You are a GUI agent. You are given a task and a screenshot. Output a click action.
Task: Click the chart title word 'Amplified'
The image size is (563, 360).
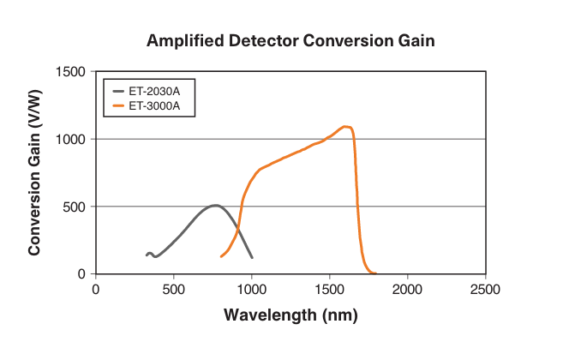point(183,41)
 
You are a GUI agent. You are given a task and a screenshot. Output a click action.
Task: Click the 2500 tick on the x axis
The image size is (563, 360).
point(485,289)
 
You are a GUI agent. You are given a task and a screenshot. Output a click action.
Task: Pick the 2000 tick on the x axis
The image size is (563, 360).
point(407,289)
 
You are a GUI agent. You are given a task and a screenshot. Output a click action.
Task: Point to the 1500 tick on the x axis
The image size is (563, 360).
point(329,289)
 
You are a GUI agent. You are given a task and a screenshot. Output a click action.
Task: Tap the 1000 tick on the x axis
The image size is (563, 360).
point(251,289)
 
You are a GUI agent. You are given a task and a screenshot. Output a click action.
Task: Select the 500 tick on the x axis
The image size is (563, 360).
point(174,289)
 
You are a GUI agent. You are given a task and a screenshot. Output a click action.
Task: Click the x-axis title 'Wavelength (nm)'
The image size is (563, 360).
point(290,315)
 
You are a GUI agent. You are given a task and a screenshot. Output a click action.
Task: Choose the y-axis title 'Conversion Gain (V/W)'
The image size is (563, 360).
point(35,172)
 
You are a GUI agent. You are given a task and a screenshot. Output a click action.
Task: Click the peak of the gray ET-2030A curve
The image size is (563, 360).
point(215,205)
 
